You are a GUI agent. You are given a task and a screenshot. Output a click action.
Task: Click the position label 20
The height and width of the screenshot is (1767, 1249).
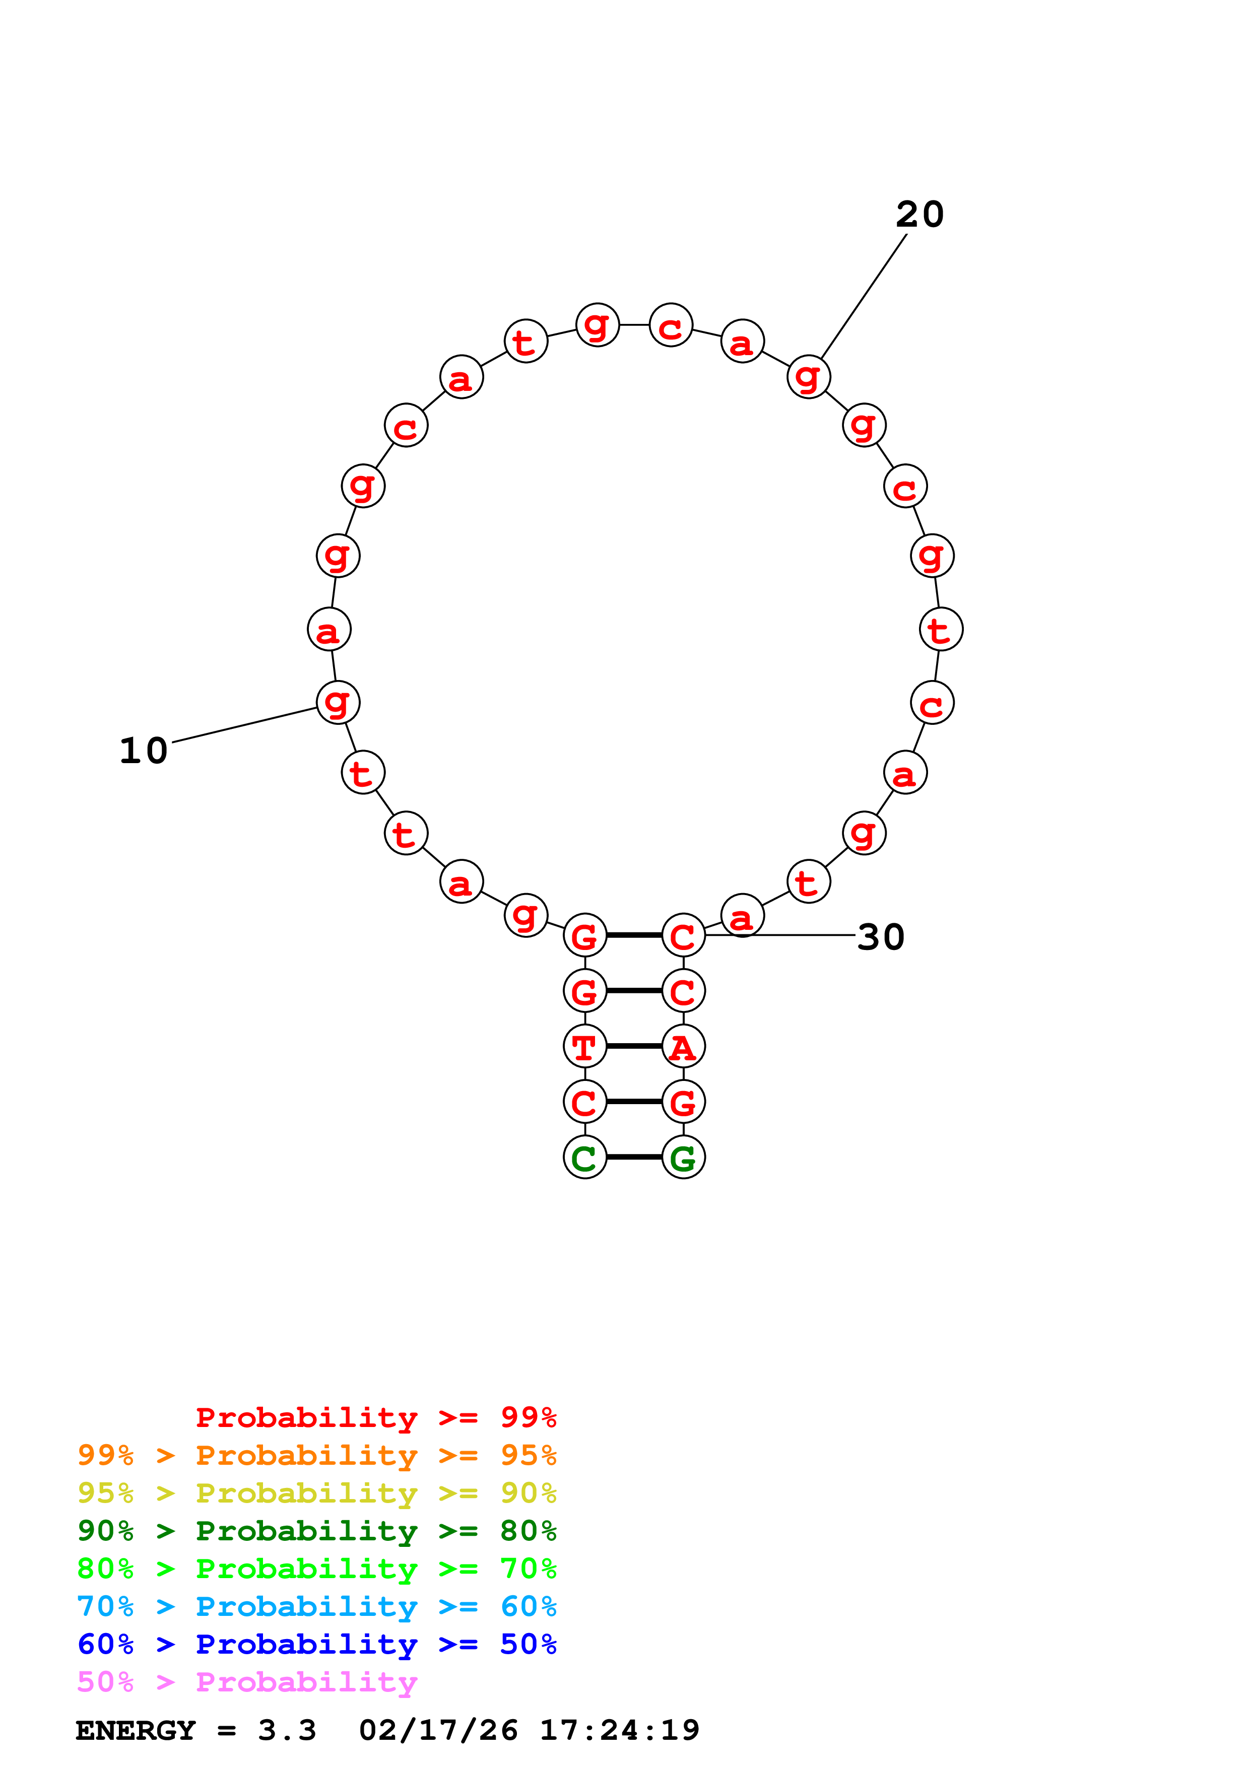[x=919, y=215]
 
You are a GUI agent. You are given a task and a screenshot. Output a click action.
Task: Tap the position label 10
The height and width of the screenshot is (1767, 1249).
[x=144, y=751]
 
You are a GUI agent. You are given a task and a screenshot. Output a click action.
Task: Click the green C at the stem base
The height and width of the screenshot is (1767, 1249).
[x=585, y=1158]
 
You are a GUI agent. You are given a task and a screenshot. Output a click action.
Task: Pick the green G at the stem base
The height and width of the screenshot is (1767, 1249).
[x=683, y=1158]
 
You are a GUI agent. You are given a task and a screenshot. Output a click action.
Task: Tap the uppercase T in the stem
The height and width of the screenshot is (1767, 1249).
[x=585, y=1047]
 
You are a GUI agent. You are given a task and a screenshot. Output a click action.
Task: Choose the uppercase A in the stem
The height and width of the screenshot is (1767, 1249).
[x=683, y=1047]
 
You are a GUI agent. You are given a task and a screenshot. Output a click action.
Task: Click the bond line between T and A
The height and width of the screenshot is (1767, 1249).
[x=634, y=1047]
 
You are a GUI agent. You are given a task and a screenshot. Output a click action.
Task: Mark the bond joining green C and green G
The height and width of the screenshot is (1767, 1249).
[x=634, y=1158]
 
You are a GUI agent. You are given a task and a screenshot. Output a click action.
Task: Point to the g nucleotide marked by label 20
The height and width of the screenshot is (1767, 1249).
[x=809, y=377]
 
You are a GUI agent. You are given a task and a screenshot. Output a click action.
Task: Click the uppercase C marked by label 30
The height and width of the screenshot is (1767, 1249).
[x=683, y=936]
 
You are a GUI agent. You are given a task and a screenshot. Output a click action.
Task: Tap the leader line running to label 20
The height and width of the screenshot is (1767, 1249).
[x=864, y=296]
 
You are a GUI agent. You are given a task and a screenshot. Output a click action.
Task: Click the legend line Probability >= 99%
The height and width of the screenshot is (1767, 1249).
[x=375, y=1417]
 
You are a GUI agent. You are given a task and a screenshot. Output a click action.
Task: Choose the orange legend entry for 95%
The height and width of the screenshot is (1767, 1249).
[x=316, y=1455]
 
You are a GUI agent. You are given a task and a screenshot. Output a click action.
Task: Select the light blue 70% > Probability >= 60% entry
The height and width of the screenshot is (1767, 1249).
[x=316, y=1607]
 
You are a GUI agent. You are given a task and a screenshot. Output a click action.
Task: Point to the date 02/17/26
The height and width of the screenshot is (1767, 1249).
[x=438, y=1731]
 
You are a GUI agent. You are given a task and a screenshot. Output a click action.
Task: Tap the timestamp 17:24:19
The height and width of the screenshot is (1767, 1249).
[x=620, y=1731]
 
